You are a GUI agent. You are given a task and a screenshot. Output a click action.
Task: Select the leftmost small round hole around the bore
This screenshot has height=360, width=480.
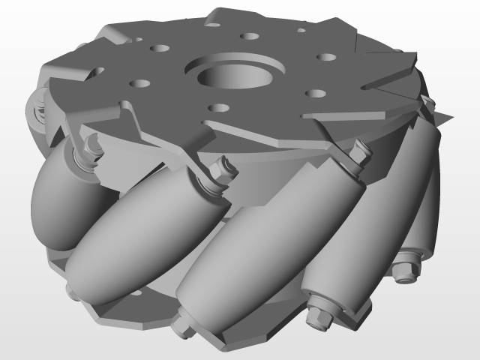[139, 83]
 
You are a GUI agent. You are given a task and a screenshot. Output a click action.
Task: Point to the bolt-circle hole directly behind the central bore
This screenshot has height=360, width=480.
[247, 35]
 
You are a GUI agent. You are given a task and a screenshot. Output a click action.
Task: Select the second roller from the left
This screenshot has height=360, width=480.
[139, 225]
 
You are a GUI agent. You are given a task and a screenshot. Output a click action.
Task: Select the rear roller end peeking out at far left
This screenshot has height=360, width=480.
[35, 112]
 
